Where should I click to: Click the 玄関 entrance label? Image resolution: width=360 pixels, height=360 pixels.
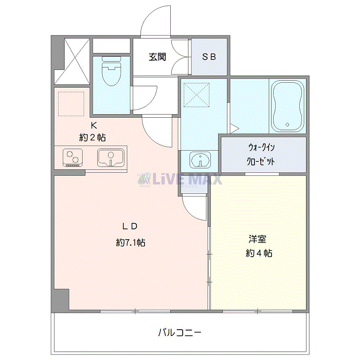[157, 57]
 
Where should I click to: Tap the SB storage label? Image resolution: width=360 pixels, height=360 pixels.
[209, 57]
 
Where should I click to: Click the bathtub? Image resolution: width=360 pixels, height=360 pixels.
[287, 106]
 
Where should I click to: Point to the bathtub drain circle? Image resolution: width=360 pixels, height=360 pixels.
[287, 124]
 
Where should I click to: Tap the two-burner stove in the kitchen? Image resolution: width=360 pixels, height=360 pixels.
[73, 157]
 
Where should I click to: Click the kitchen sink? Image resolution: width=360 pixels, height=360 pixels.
[111, 158]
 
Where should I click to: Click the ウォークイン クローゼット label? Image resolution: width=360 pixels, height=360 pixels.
[261, 154]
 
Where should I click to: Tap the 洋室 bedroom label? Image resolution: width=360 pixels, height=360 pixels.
[258, 239]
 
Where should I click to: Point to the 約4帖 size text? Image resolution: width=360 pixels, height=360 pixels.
[259, 253]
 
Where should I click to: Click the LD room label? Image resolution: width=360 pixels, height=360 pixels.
[130, 226]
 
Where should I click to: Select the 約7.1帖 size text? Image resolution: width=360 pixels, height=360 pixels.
[131, 242]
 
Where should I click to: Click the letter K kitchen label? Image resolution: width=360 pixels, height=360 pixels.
[94, 125]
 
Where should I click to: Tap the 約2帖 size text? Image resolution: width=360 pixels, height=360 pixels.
[93, 137]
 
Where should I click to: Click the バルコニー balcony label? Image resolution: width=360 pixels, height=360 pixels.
[180, 332]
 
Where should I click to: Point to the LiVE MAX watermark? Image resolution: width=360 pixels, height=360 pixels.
[180, 179]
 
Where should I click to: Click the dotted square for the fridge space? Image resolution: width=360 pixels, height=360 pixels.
[71, 104]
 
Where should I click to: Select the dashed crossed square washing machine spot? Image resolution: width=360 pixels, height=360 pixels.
[196, 95]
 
